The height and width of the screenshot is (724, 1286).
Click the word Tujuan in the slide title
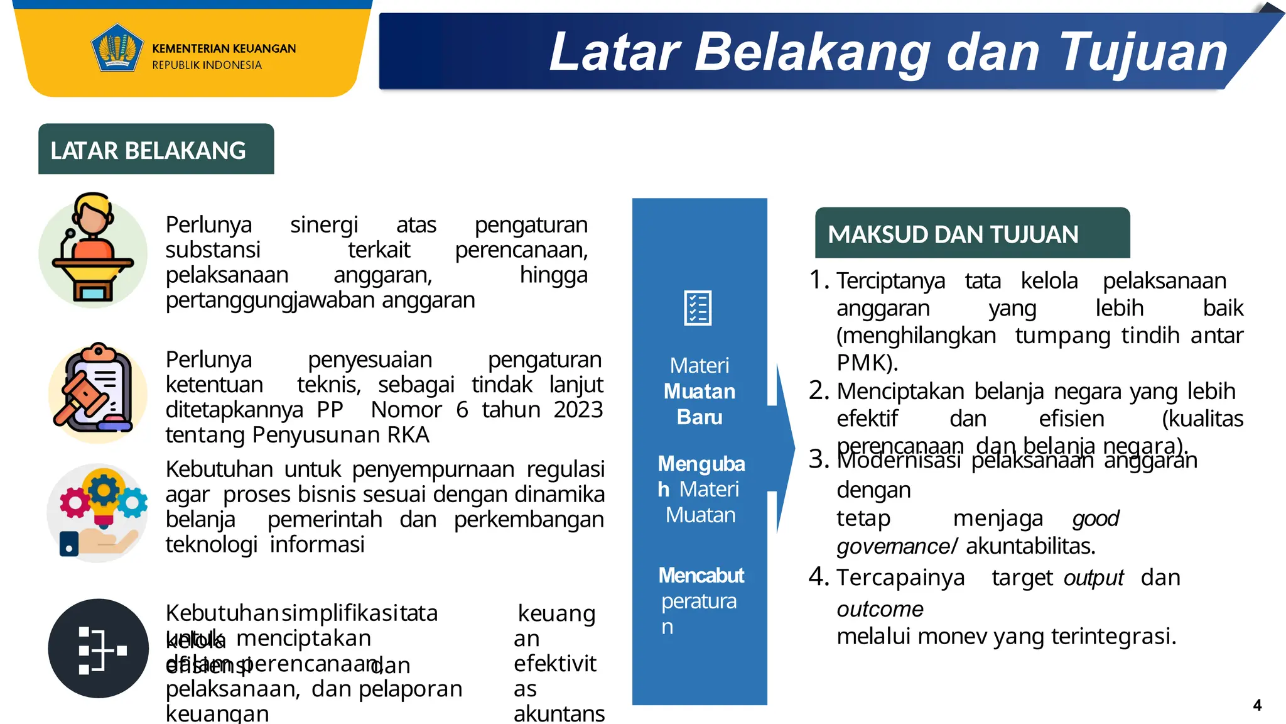[x=1142, y=53]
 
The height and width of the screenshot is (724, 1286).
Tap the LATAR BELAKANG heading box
[x=156, y=150]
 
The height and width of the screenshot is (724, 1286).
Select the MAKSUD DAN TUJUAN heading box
[x=971, y=234]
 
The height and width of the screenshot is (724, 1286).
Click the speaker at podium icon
[x=93, y=251]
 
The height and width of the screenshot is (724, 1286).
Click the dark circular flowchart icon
[x=99, y=649]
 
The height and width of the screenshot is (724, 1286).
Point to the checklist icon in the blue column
[x=698, y=308]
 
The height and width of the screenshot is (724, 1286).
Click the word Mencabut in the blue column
[x=701, y=575]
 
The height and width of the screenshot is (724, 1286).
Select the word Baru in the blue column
[x=700, y=417]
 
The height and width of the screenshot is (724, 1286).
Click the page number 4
[x=1257, y=705]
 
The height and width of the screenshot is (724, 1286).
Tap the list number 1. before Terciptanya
[x=819, y=280]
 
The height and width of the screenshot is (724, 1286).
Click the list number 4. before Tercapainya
[x=819, y=576]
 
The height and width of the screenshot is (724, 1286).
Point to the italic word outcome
[x=880, y=609]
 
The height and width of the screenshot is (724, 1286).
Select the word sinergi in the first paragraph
[x=323, y=225]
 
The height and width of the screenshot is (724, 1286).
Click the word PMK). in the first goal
[x=867, y=363]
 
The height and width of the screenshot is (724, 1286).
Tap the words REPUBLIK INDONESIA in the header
[x=207, y=65]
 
